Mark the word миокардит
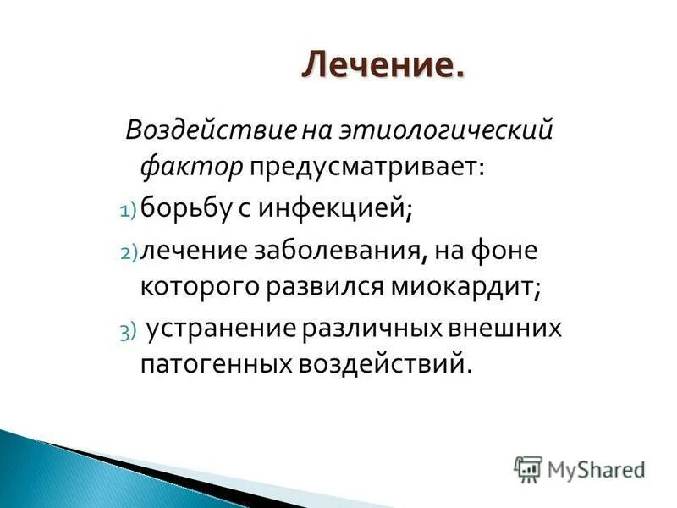coord(465,288)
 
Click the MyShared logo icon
coord(529,468)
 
